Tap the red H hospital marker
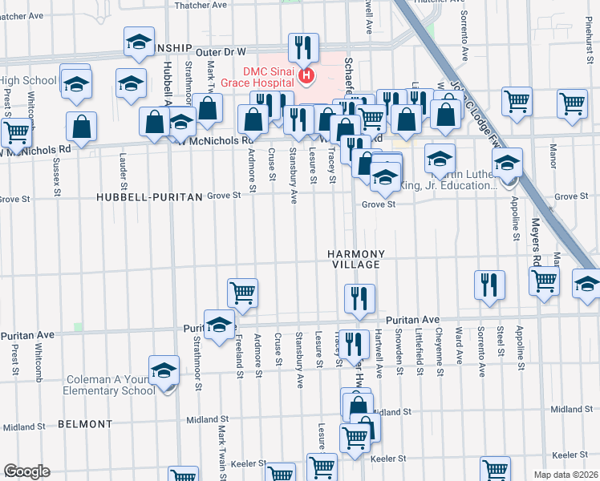[x=306, y=77]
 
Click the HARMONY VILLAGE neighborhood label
[x=357, y=259]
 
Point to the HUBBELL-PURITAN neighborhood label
[x=134, y=196]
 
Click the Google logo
[x=26, y=471]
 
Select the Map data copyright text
[x=565, y=475]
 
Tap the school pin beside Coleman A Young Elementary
[x=164, y=371]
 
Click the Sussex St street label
[x=58, y=177]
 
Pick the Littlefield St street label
[x=418, y=353]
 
